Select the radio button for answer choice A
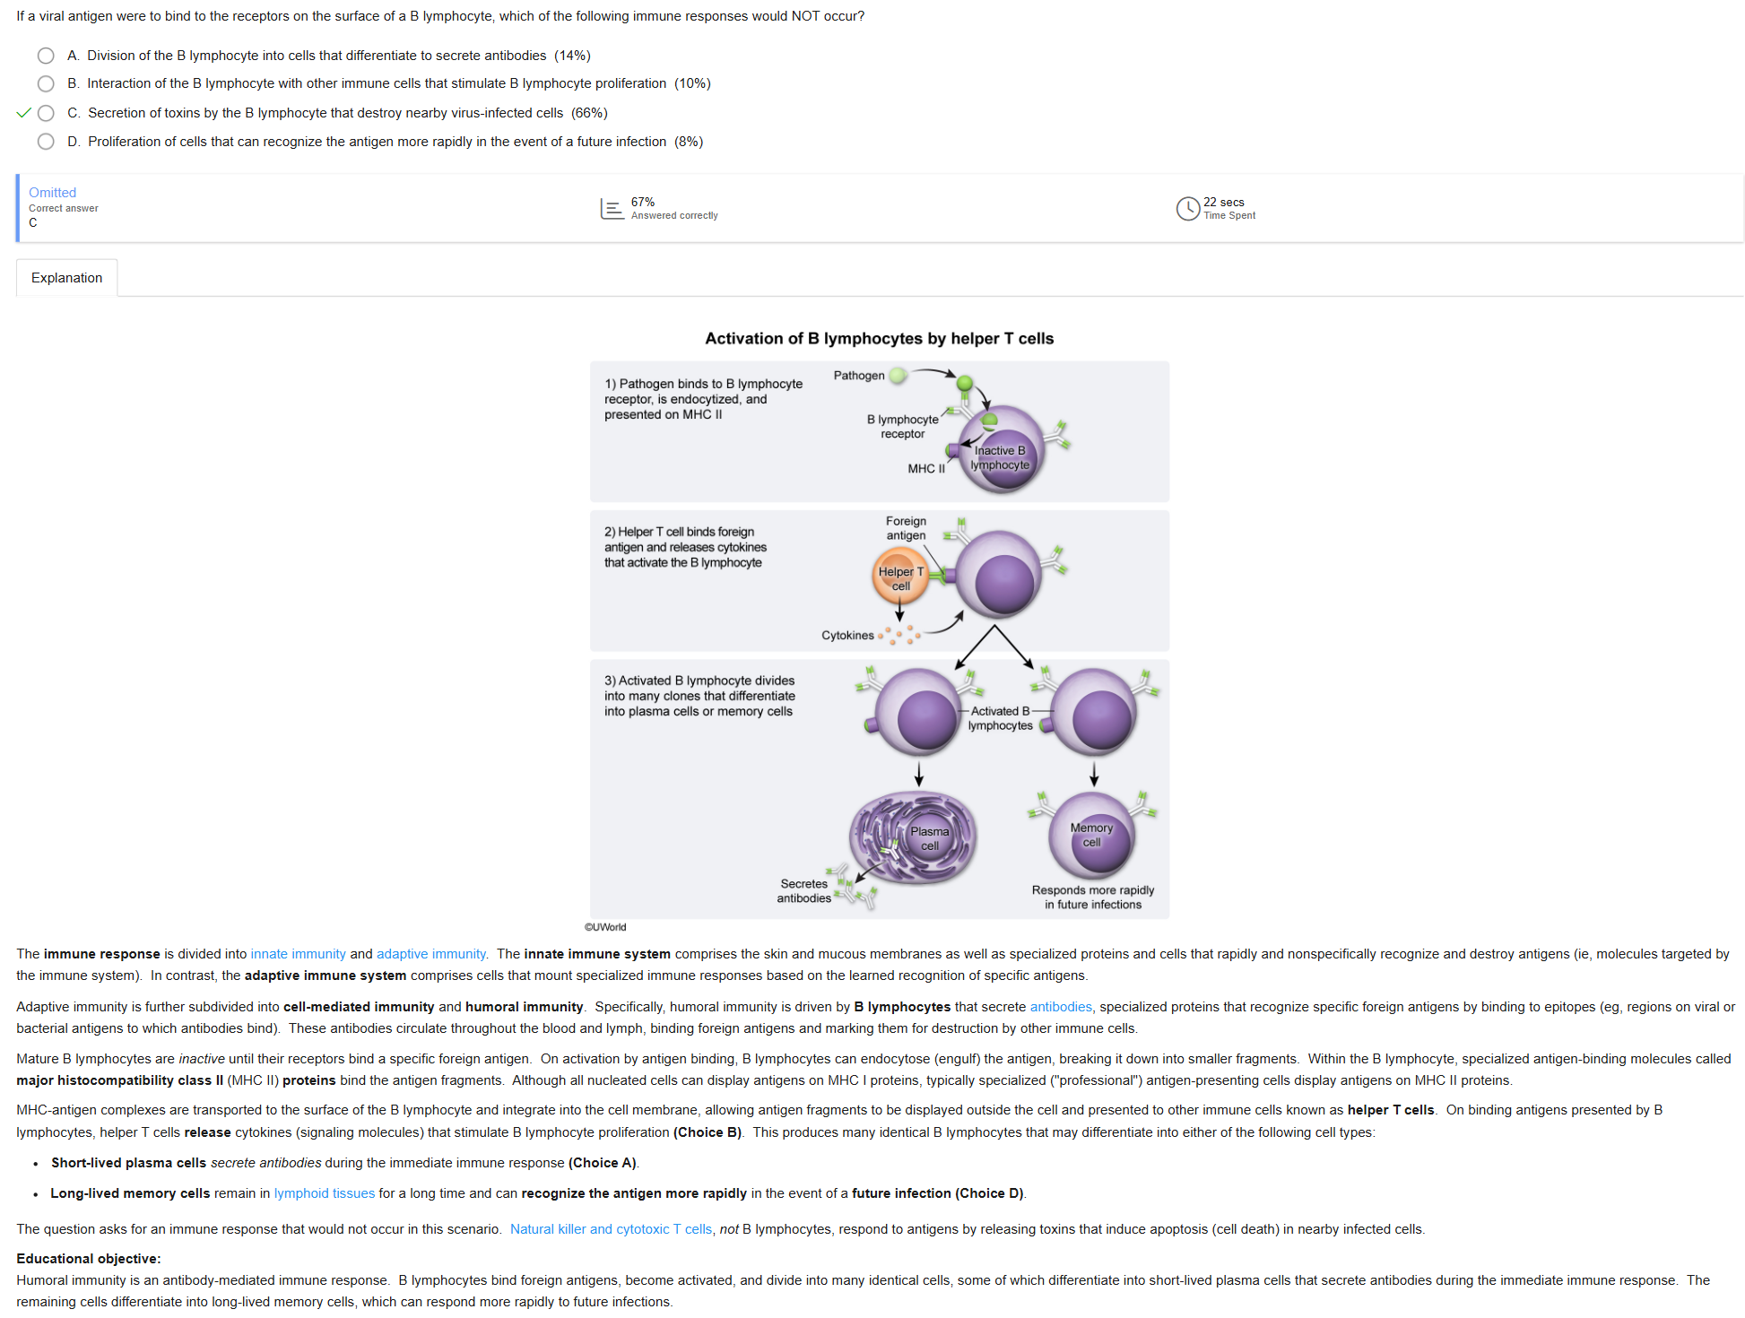[46, 56]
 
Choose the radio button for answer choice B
[46, 83]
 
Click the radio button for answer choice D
[46, 142]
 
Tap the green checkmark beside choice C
[24, 113]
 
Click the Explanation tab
[67, 278]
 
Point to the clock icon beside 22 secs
[1187, 208]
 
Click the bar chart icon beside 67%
[612, 209]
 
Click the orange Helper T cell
[899, 577]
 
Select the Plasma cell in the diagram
[915, 838]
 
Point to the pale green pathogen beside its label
[898, 376]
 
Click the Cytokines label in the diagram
[847, 636]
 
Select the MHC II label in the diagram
[925, 469]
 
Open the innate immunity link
[298, 954]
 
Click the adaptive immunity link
[430, 954]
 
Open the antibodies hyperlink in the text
[1061, 1007]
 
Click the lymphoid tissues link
[325, 1193]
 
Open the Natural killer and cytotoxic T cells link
[611, 1229]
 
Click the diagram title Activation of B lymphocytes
[879, 339]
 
